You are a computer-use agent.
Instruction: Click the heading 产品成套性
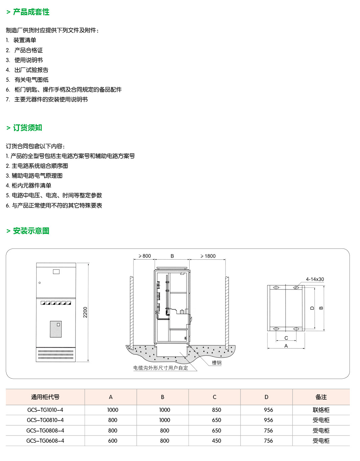[x=31, y=12]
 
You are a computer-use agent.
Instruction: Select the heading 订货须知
[x=27, y=128]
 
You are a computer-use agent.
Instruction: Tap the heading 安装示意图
[x=31, y=231]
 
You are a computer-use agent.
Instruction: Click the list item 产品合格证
[x=28, y=50]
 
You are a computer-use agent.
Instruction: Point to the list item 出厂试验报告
[x=31, y=70]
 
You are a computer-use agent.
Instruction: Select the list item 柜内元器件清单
[x=31, y=186]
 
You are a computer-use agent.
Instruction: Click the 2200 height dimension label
[x=85, y=312]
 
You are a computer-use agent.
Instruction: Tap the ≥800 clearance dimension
[x=145, y=256]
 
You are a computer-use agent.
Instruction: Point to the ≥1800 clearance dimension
[x=208, y=256]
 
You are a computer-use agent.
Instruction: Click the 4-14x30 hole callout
[x=315, y=279]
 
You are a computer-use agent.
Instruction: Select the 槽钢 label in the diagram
[x=217, y=363]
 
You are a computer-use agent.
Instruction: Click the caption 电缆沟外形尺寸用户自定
[x=161, y=368]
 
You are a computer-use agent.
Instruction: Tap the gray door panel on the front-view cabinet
[x=56, y=329]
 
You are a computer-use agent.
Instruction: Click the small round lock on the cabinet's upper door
[x=40, y=283]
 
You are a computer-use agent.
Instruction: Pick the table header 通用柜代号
[x=45, y=397]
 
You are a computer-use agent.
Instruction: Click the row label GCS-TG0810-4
[x=45, y=420]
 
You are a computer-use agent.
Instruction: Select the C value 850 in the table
[x=216, y=410]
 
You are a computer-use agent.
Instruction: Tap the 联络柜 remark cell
[x=321, y=410]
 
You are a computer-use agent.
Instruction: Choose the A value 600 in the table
[x=113, y=441]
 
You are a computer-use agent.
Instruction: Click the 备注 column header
[x=321, y=397]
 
